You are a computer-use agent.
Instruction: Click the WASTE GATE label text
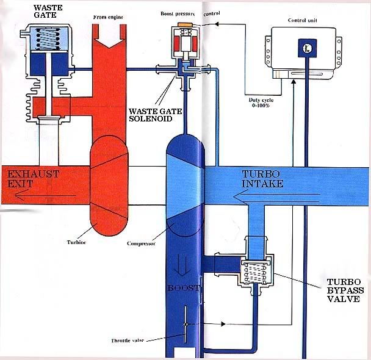pos(48,11)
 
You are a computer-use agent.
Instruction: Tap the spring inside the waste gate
pos(48,38)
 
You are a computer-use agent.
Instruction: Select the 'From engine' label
pos(108,17)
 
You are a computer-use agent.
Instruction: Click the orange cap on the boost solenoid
pos(185,24)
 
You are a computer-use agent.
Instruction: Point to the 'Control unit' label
pos(303,20)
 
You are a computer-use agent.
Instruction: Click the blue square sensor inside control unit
pos(307,48)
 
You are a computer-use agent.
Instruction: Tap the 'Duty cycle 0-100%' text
pos(261,103)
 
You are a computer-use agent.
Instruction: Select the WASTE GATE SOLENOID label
pos(155,115)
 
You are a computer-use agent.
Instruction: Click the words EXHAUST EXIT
pos(33,179)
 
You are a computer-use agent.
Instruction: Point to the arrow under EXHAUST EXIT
pos(45,196)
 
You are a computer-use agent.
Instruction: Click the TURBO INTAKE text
pos(262,179)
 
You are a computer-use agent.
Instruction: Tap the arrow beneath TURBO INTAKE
pos(277,198)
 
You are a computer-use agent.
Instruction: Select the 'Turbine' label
pos(76,242)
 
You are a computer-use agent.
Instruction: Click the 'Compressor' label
pos(141,243)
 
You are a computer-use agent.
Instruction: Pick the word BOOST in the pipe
pos(184,288)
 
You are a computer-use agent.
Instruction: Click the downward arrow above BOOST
pos(182,266)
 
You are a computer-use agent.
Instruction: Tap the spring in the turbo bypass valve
pos(256,273)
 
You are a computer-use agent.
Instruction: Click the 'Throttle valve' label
pos(128,340)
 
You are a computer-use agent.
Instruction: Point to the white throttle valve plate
pos(185,324)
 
